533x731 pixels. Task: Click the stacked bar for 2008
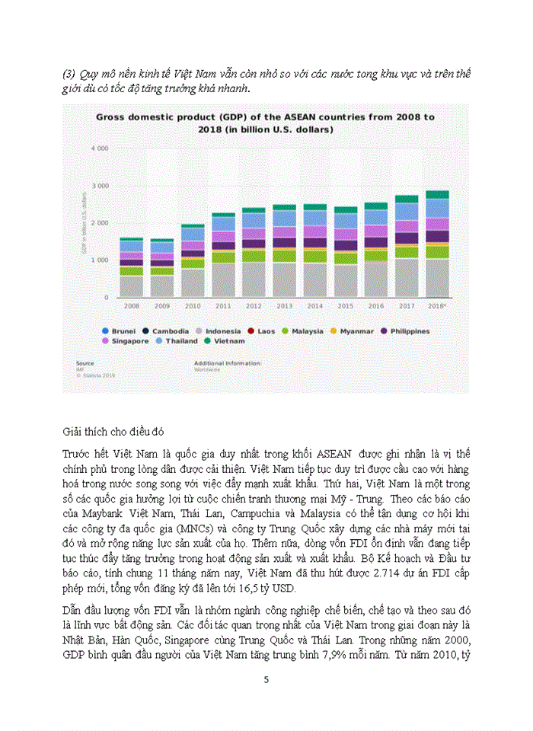point(132,267)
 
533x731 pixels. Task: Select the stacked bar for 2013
point(284,251)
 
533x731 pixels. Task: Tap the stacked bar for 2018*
point(436,244)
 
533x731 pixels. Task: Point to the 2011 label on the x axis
point(223,305)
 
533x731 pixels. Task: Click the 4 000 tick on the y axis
point(100,148)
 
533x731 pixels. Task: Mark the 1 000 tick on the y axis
point(100,260)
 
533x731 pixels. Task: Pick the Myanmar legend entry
point(353,331)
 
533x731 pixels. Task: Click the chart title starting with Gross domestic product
point(265,123)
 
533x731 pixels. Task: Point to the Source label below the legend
point(84,363)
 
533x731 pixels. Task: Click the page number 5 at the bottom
point(266,679)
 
